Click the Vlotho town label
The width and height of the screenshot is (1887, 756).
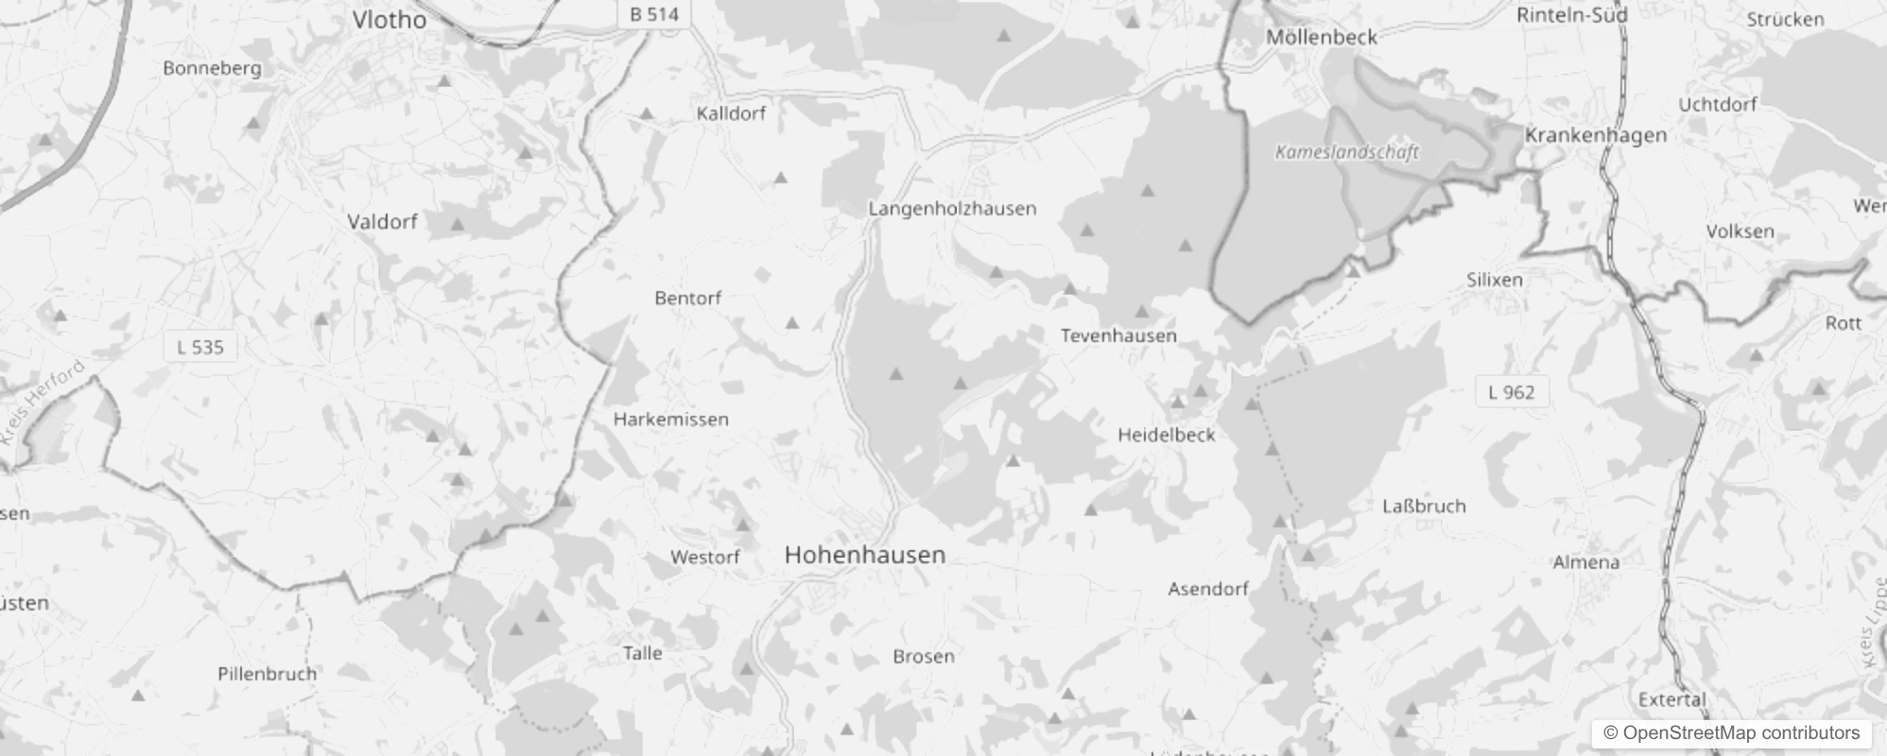click(x=389, y=20)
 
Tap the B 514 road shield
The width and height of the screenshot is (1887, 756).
click(x=653, y=14)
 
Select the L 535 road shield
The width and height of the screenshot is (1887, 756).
click(x=200, y=347)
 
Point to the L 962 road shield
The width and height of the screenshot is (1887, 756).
click(x=1511, y=392)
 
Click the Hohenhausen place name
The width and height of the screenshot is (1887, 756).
click(x=864, y=555)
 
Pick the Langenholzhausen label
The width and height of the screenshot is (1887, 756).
click(x=952, y=208)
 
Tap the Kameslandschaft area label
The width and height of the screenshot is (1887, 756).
click(x=1346, y=152)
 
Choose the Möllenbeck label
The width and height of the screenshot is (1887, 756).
click(x=1321, y=37)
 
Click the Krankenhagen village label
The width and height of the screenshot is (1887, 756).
click(x=1595, y=135)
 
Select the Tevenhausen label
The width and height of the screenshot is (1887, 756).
click(x=1118, y=335)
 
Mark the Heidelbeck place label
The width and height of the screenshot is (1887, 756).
click(x=1166, y=435)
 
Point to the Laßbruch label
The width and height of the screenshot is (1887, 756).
click(x=1424, y=507)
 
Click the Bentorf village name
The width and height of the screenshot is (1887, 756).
click(x=687, y=298)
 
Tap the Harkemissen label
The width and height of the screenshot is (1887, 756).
click(x=670, y=419)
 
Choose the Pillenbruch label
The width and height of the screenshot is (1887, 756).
click(x=267, y=674)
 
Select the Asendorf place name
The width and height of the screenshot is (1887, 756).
click(x=1207, y=589)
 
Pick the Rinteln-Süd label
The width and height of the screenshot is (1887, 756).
click(x=1571, y=15)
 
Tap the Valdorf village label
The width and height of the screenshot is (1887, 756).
click(x=382, y=222)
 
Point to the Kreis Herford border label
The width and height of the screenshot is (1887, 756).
click(x=43, y=402)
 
